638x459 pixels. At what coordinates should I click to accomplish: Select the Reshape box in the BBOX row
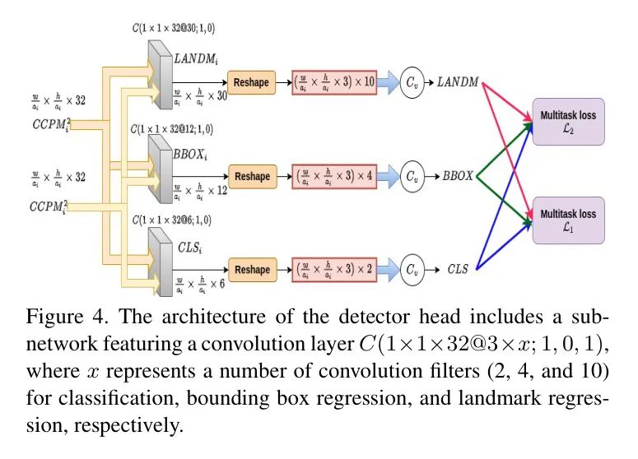(251, 177)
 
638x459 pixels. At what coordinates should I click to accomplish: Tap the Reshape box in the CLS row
(251, 270)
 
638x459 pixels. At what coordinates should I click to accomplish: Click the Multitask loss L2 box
(568, 122)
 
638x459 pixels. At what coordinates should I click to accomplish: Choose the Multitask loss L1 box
(568, 220)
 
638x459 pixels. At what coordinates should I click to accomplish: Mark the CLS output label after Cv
(458, 270)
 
